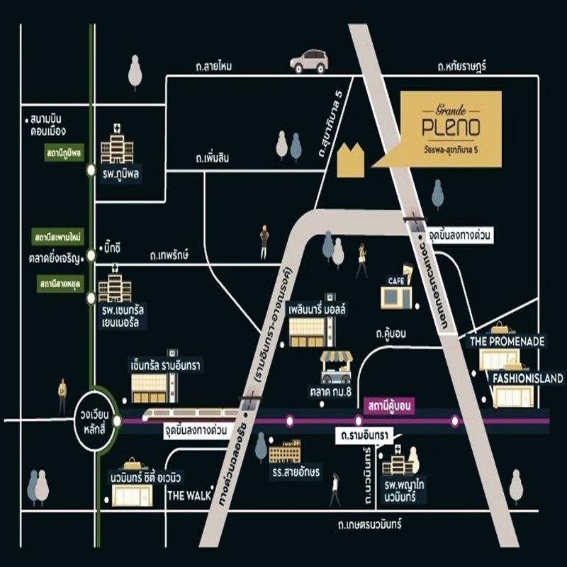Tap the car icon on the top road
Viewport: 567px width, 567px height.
click(308, 61)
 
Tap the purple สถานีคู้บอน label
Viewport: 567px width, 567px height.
click(391, 406)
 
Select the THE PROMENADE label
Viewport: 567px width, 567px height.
click(507, 342)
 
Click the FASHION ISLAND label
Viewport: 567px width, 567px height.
click(528, 378)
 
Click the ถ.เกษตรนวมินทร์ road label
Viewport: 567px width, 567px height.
click(369, 524)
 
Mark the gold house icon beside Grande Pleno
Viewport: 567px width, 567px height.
click(351, 160)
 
